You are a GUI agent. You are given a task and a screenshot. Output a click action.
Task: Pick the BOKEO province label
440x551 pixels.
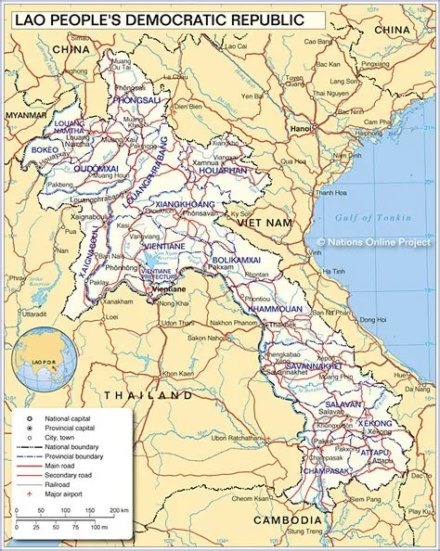pos(45,149)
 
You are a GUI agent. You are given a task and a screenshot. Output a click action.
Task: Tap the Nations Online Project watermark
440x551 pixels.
pos(377,242)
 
